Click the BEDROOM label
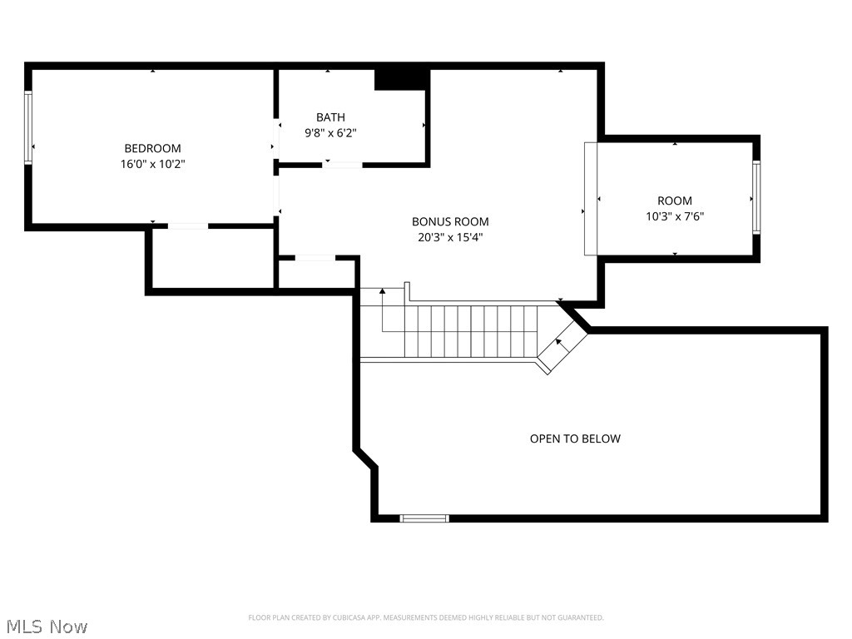tap(152, 148)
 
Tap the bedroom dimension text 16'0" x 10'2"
tap(152, 164)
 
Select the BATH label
tap(330, 117)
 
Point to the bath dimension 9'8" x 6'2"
tap(330, 132)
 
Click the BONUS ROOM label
tap(450, 221)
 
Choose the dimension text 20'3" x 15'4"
tap(450, 237)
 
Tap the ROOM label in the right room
tap(675, 201)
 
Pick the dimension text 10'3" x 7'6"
tap(675, 216)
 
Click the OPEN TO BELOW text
tap(575, 438)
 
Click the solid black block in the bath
tap(401, 79)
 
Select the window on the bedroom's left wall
tap(28, 128)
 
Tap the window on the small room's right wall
tap(755, 196)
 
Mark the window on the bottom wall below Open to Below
tap(424, 518)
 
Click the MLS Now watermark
tap(47, 626)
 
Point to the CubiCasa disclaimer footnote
tap(426, 617)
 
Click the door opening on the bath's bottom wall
tap(342, 165)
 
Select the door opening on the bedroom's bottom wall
tap(188, 225)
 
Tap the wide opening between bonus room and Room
tap(591, 198)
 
